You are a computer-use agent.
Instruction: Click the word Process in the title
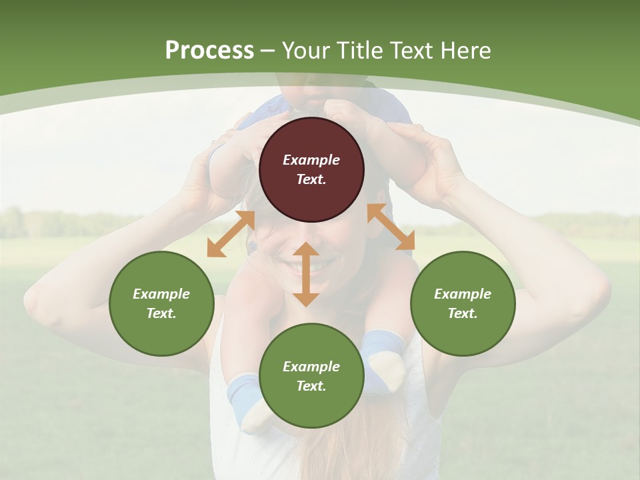pyautogui.click(x=209, y=51)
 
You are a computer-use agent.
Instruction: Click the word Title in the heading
pyautogui.click(x=360, y=51)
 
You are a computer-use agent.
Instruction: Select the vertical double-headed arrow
pyautogui.click(x=306, y=274)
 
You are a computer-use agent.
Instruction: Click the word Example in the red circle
pyautogui.click(x=311, y=160)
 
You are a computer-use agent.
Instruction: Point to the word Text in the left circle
pyautogui.click(x=161, y=313)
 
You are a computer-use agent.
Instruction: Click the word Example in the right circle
pyautogui.click(x=463, y=294)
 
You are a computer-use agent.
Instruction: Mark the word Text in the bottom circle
pyautogui.click(x=311, y=386)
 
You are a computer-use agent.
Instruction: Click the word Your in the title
pyautogui.click(x=304, y=51)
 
